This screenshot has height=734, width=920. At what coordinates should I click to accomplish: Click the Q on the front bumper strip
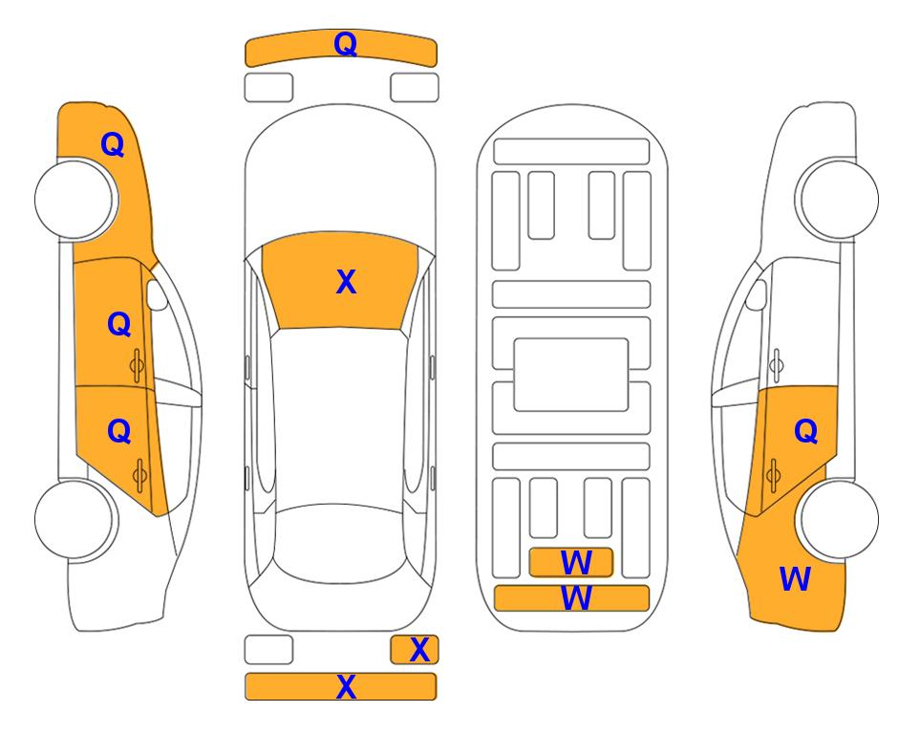(345, 44)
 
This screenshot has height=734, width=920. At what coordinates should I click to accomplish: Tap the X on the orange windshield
(346, 282)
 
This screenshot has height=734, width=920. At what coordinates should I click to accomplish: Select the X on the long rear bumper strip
(346, 686)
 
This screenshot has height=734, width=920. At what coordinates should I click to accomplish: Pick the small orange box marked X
(415, 650)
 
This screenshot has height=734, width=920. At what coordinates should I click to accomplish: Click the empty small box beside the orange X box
(268, 650)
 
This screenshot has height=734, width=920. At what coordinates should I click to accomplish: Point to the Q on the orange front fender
(113, 144)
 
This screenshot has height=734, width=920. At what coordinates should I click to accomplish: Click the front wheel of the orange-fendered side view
(76, 199)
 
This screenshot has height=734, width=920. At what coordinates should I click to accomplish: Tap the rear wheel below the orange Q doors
(76, 519)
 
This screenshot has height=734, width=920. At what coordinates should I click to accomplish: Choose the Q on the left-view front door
(119, 324)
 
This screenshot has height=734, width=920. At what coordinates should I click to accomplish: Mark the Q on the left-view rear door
(119, 432)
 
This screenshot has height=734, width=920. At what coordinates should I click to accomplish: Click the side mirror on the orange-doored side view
(156, 294)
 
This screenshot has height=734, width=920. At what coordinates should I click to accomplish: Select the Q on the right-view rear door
(805, 432)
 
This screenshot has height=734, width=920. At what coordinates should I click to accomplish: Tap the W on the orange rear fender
(795, 579)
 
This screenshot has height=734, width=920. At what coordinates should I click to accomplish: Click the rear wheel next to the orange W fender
(837, 519)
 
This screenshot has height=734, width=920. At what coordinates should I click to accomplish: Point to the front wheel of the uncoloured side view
(837, 199)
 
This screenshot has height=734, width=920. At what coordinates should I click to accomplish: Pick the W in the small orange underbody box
(576, 563)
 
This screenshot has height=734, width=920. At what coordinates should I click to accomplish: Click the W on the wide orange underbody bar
(576, 598)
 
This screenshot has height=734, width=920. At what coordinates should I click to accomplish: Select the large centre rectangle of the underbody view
(571, 375)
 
